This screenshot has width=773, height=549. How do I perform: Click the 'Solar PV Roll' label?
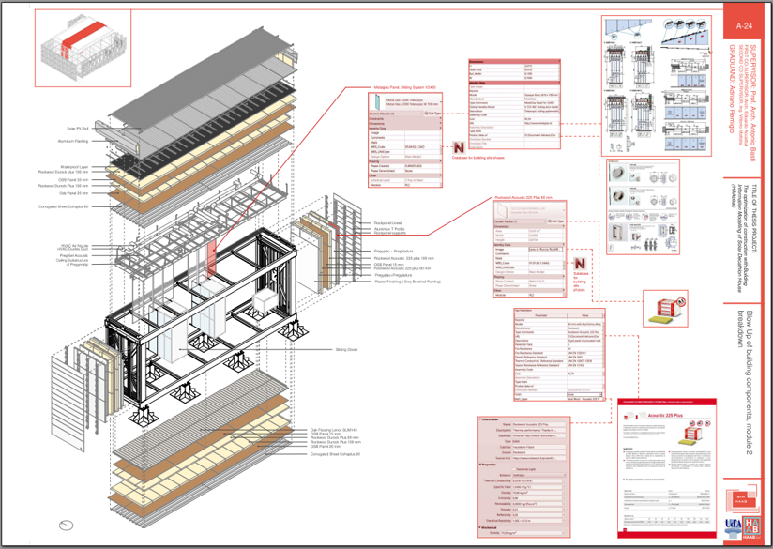(x=77, y=127)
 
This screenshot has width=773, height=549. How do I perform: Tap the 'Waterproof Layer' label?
(x=73, y=166)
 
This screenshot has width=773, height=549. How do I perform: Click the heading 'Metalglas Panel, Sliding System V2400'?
(x=406, y=85)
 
